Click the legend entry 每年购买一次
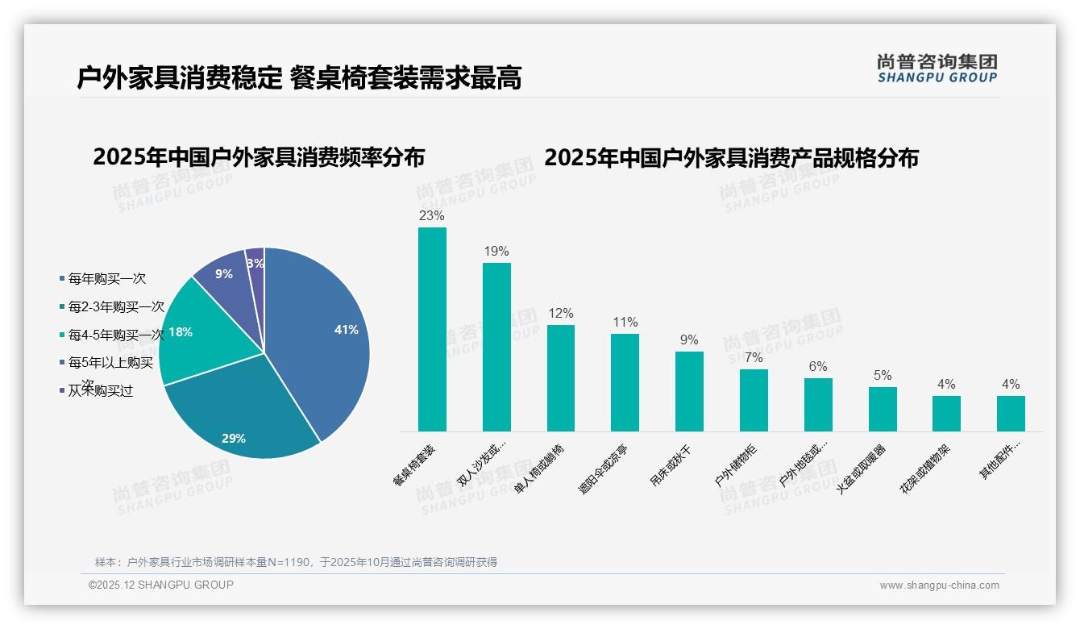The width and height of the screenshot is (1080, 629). coord(106,278)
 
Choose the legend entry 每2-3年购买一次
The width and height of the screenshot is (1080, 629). coord(115,307)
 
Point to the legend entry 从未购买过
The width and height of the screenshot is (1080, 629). coord(100,391)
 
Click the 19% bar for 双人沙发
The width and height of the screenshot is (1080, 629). coord(496,347)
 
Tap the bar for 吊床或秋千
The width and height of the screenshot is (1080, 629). coord(689,391)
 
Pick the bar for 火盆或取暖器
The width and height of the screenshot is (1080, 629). coord(883,409)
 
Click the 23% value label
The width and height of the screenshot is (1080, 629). coord(432,216)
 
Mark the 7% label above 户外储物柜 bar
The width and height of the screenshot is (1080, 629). coord(754,358)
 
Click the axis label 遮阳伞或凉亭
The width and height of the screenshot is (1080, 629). coord(603,469)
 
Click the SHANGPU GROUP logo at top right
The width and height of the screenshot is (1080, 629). coord(937,69)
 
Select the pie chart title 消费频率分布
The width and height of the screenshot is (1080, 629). coord(259,157)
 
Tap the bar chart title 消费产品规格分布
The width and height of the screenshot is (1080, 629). coord(731,157)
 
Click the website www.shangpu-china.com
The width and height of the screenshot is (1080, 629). coord(939,585)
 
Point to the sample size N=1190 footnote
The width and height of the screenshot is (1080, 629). coord(296,562)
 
